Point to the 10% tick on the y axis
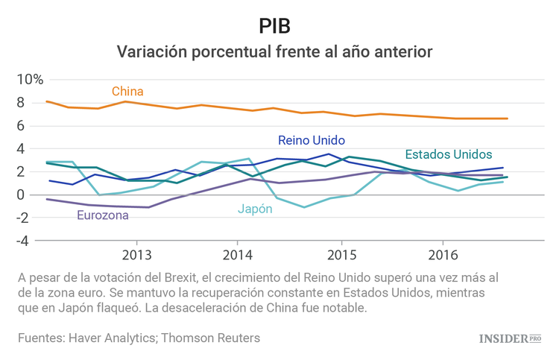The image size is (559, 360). tap(31, 79)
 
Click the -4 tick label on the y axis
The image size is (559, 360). tap(37, 241)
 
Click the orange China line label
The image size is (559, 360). tap(127, 92)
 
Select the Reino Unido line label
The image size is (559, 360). tap(312, 140)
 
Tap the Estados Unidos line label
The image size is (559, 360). tap(448, 154)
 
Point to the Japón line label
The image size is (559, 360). tap(255, 209)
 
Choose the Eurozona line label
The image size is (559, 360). tap(103, 215)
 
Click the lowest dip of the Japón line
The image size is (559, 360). tap(304, 207)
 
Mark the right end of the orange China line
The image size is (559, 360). tap(508, 119)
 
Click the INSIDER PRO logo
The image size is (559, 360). tap(509, 338)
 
